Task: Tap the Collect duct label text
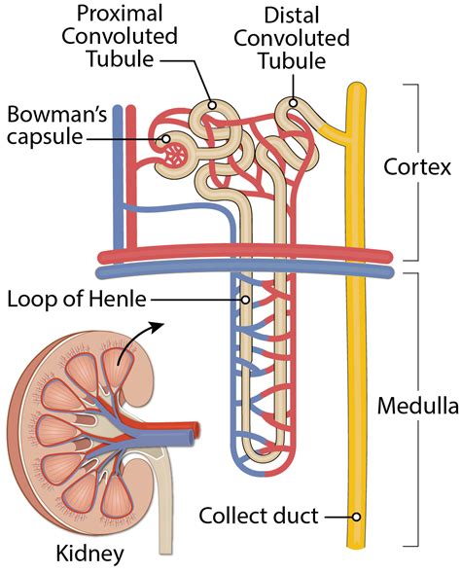pos(259,516)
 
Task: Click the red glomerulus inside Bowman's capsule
pos(176,152)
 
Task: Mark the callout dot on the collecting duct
pos(357,517)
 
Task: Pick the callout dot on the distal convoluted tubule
pos(291,102)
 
